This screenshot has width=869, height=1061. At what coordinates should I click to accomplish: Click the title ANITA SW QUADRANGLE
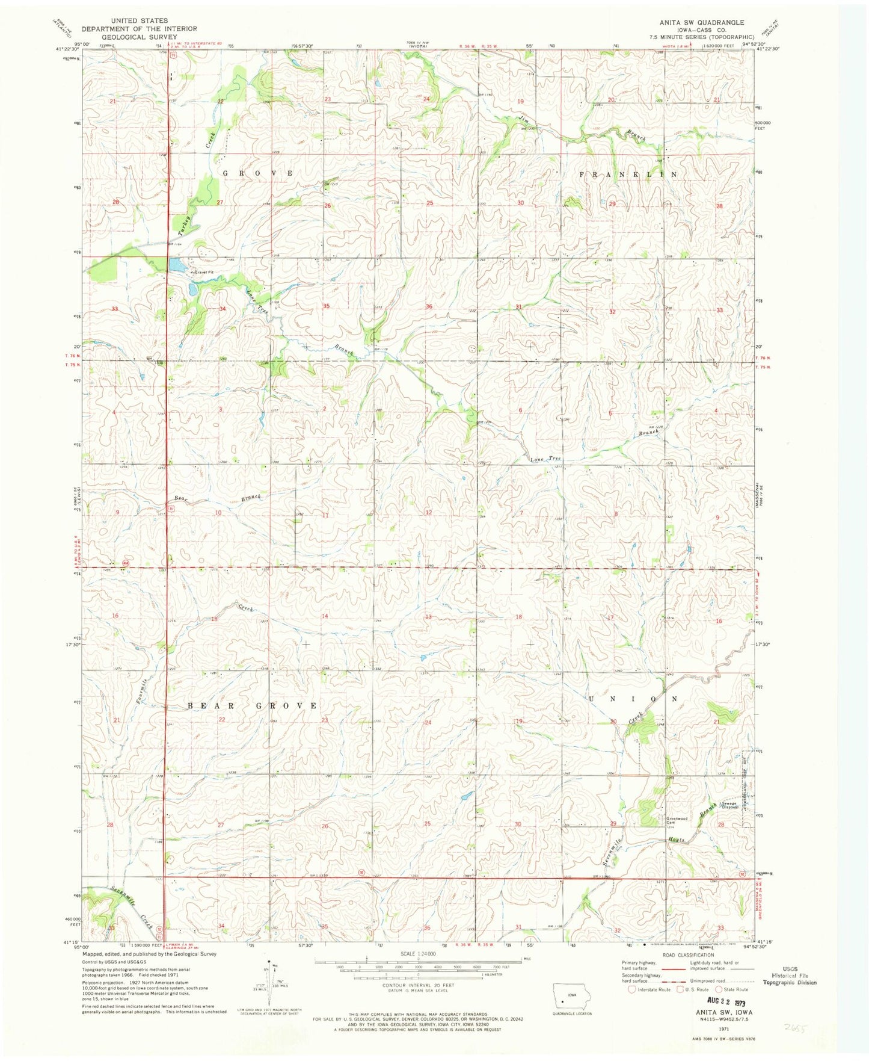[701, 22]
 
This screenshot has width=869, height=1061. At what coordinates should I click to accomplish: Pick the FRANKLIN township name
[628, 174]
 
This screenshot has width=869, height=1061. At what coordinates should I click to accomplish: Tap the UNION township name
[633, 699]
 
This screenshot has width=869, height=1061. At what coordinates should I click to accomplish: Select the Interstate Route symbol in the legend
[631, 989]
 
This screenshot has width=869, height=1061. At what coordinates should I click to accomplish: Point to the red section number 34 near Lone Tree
[223, 309]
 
